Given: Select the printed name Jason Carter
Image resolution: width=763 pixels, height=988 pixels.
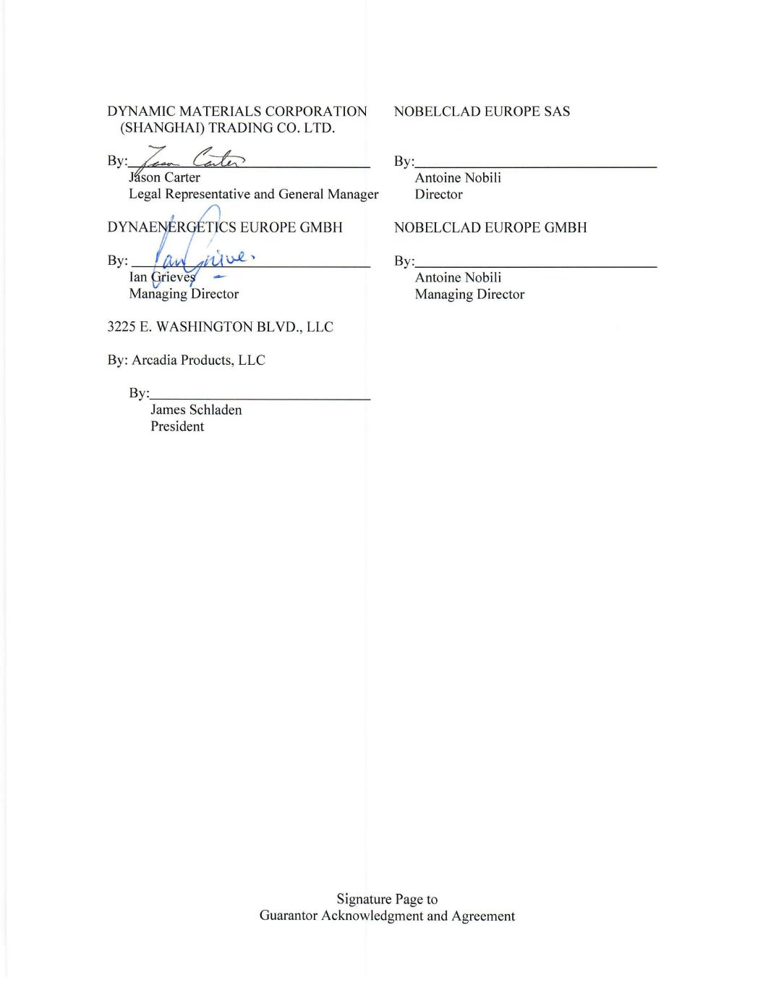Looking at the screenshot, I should coord(165,177).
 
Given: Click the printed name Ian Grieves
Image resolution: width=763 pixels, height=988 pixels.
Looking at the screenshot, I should coord(163,277).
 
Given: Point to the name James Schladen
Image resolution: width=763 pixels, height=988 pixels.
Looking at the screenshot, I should coord(196,410).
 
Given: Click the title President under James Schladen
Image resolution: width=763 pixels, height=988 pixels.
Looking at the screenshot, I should coord(177,426).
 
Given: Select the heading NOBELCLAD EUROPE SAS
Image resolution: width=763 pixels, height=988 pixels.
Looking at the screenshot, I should coord(482,111).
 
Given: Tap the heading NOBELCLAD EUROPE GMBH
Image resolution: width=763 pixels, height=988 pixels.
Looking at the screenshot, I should coord(490,227).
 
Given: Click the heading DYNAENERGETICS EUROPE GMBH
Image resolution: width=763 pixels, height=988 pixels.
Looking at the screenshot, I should coord(225,227).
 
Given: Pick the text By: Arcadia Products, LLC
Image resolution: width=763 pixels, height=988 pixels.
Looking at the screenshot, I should coord(187,360).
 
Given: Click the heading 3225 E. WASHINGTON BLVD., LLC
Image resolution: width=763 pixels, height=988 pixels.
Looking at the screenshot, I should coord(221,326).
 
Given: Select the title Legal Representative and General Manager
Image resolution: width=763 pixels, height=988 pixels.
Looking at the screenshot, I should coord(253,194).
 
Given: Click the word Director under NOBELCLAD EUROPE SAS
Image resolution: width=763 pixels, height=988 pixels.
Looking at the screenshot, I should coord(438,194).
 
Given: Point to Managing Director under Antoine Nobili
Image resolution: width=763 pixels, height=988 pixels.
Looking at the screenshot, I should coord(469,294).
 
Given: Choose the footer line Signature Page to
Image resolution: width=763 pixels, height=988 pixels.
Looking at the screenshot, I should coord(387,899).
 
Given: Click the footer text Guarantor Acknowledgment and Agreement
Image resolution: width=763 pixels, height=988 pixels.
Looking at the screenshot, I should coord(387,916).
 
